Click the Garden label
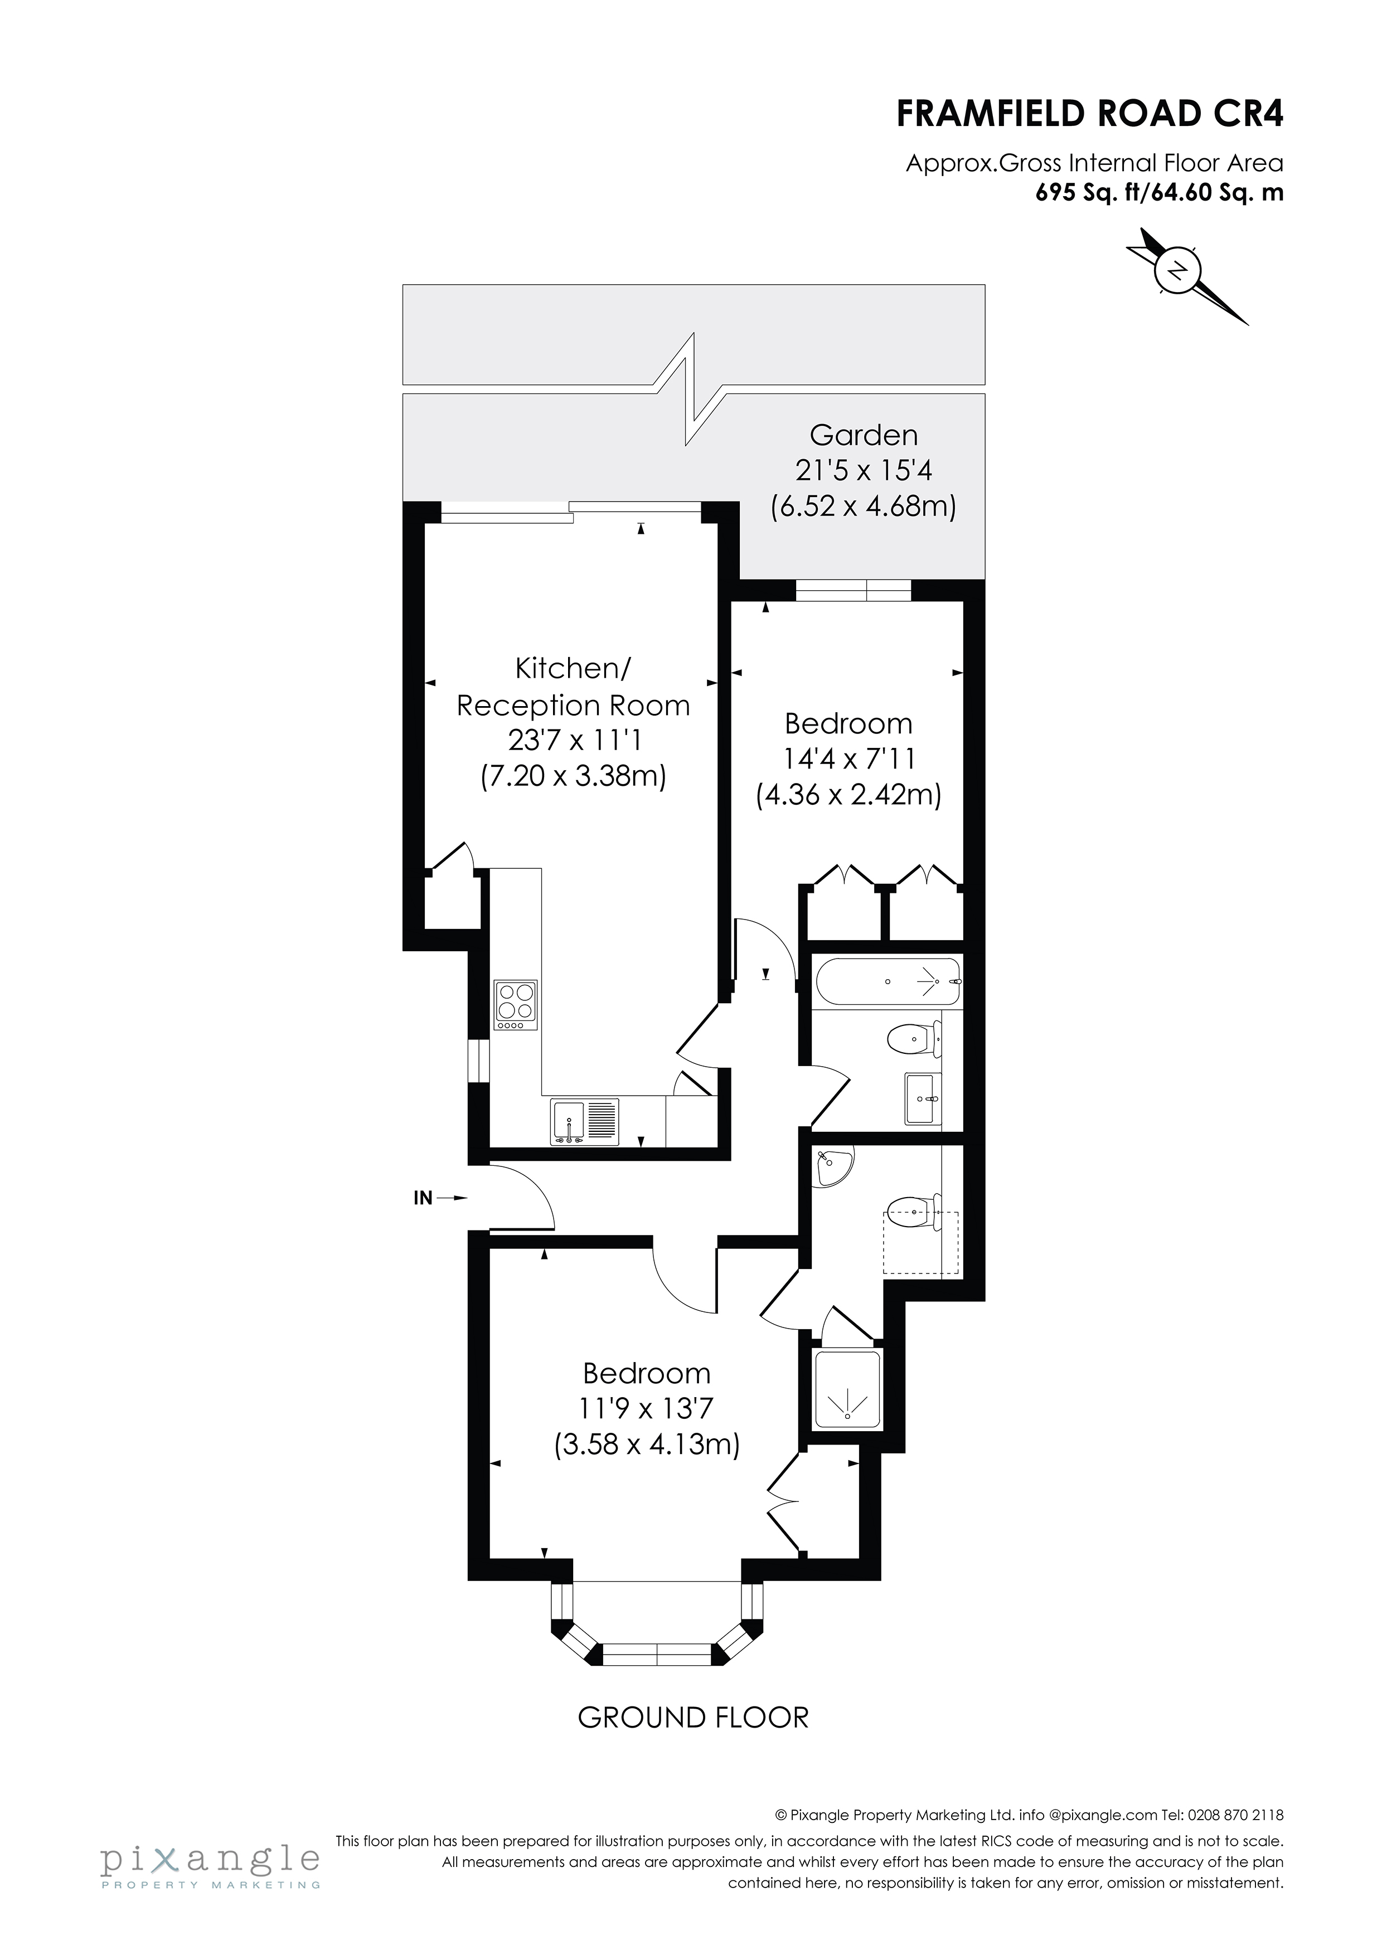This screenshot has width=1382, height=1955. tap(864, 435)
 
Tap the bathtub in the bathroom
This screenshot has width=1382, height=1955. tap(888, 982)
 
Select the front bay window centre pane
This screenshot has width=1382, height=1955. tap(657, 1655)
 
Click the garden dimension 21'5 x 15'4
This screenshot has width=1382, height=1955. tap(864, 471)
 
